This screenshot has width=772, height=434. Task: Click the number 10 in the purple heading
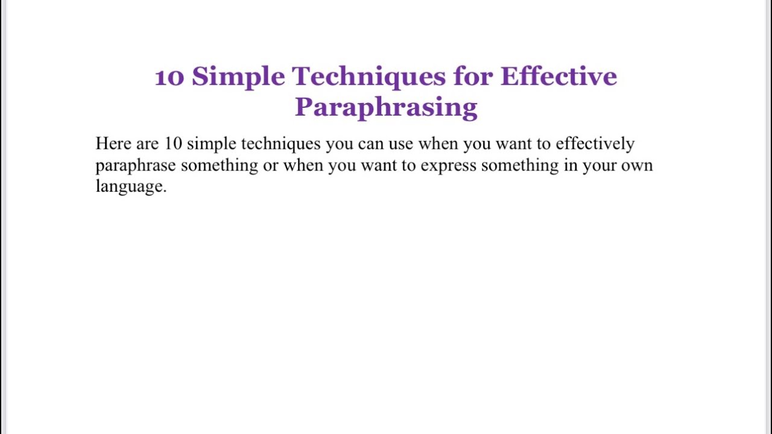pyautogui.click(x=169, y=77)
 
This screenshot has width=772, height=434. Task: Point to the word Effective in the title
pyautogui.click(x=558, y=77)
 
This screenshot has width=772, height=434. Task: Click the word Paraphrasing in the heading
pyautogui.click(x=386, y=107)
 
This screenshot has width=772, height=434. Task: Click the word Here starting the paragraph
pyautogui.click(x=113, y=143)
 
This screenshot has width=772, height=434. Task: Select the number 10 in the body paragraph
pyautogui.click(x=173, y=143)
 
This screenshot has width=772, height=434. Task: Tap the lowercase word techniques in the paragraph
pyautogui.click(x=280, y=144)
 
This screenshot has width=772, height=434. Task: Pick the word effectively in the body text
pyautogui.click(x=595, y=144)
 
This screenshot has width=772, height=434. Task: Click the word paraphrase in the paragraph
pyautogui.click(x=136, y=166)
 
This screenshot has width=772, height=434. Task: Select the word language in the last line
pyautogui.click(x=130, y=187)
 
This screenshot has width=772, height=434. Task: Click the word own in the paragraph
pyautogui.click(x=637, y=165)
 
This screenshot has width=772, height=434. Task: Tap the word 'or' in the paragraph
pyautogui.click(x=271, y=165)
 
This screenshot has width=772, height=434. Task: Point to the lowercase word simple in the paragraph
pyautogui.click(x=211, y=144)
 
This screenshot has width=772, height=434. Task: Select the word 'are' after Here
pyautogui.click(x=147, y=144)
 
